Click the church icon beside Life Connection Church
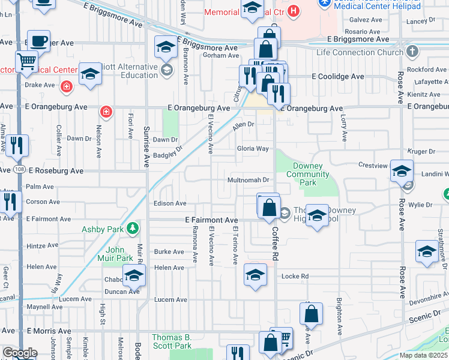click(x=412, y=52)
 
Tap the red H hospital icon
click(x=293, y=11)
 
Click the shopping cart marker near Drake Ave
click(x=26, y=61)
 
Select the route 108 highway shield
click(x=20, y=170)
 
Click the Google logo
click(x=20, y=353)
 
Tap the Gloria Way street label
click(x=253, y=148)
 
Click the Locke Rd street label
click(x=295, y=277)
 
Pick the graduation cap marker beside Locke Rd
click(x=255, y=275)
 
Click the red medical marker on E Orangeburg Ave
click(x=106, y=112)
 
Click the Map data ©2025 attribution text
click(x=424, y=355)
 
